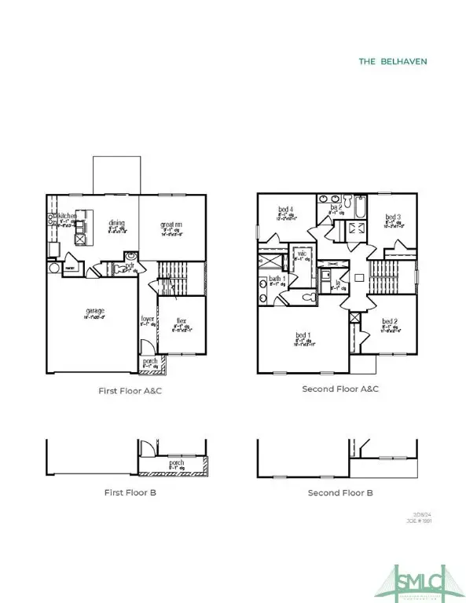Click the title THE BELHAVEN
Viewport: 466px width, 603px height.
(392, 61)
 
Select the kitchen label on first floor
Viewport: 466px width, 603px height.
(66, 215)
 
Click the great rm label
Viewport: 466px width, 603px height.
(172, 225)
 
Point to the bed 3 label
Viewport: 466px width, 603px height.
(394, 217)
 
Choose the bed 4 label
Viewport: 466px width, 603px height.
(285, 209)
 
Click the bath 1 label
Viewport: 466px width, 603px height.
(277, 280)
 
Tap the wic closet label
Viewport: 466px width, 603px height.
(301, 254)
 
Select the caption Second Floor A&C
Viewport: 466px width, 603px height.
(341, 389)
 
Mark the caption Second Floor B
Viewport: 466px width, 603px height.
(340, 492)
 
